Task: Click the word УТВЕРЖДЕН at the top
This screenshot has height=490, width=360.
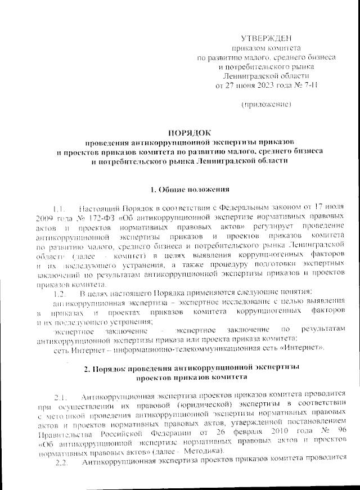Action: (267, 38)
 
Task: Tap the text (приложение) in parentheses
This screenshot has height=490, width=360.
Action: (266, 105)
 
